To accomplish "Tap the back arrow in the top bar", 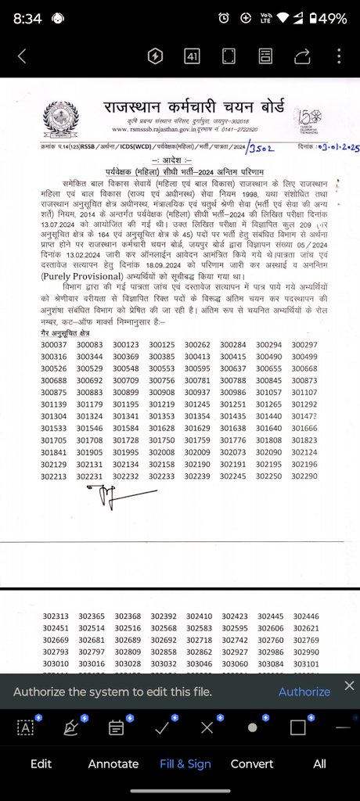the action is coord(21,56).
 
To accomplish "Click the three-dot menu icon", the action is coord(338,56).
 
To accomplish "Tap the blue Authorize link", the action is coord(304,691).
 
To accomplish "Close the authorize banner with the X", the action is coord(349,686).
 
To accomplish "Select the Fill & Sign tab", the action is coord(185,763).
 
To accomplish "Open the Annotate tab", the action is coord(113,763).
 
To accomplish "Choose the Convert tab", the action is coord(252,763).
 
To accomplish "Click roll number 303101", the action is coord(305,663).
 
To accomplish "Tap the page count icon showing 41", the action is coord(192,56).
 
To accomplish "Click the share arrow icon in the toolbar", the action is coord(301,56).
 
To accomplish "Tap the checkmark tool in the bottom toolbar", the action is coord(163,727).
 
